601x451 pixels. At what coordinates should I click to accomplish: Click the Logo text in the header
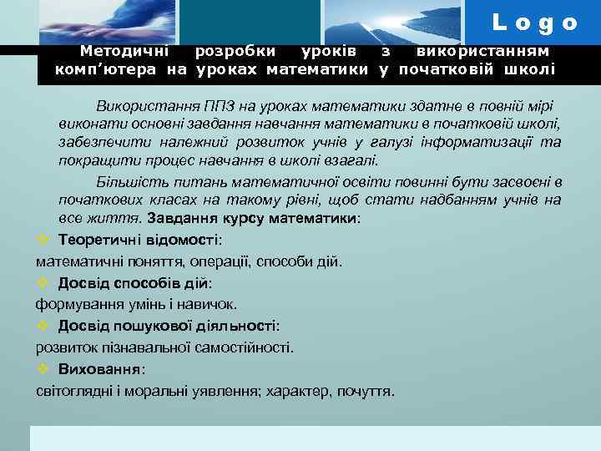point(535,23)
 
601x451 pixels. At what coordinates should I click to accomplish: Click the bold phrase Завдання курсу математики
point(252,218)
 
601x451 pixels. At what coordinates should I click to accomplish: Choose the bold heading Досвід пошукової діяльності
point(167,326)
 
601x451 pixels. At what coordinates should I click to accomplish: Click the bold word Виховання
point(100,368)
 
